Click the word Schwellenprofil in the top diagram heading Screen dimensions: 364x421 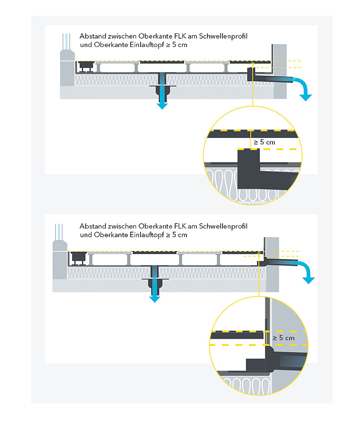pos(223,36)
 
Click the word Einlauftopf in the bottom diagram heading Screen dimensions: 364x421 pos(147,235)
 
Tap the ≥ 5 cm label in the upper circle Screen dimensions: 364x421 pos(264,142)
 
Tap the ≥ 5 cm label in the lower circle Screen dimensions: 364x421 pos(283,338)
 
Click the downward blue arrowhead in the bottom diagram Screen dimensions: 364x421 pos(155,299)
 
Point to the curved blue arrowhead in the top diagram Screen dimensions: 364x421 pos(305,98)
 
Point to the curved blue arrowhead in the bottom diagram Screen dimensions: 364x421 pos(308,280)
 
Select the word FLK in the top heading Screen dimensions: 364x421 pos(180,36)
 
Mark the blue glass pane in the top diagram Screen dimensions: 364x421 pos(66,42)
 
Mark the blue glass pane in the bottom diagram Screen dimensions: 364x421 pos(59,232)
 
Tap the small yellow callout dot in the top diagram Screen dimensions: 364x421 pos(253,64)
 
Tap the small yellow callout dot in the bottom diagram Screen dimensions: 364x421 pos(259,254)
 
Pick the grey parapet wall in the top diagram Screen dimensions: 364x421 pos(280,72)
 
